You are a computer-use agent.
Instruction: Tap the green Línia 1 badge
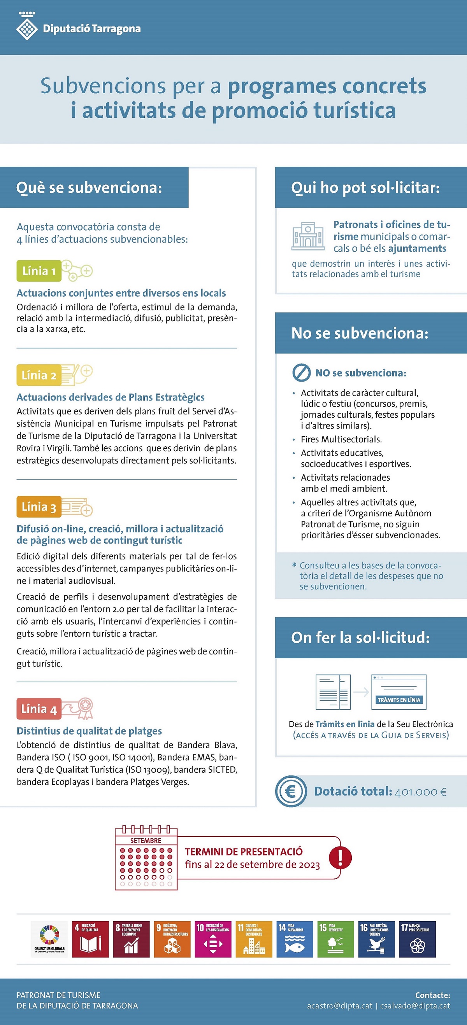(x=39, y=271)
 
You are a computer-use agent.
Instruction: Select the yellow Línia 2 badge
(x=39, y=375)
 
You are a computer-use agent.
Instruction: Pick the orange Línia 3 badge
(x=39, y=507)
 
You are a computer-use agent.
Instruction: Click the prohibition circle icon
(x=301, y=373)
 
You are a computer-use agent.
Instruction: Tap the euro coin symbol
(x=291, y=791)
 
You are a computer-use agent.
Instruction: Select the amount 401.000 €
(x=420, y=792)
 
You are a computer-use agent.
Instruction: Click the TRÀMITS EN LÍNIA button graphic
(x=399, y=700)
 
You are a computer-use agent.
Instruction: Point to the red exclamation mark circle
(x=340, y=857)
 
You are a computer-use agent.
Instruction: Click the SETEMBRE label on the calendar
(x=146, y=841)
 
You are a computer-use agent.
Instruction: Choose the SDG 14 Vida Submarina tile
(x=295, y=939)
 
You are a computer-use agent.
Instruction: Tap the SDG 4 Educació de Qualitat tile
(x=90, y=939)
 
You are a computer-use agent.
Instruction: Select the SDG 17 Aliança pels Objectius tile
(x=417, y=939)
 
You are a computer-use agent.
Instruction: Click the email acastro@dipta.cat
(x=340, y=1006)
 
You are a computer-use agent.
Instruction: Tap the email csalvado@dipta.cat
(x=415, y=1006)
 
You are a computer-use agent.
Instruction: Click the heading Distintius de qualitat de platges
(x=89, y=731)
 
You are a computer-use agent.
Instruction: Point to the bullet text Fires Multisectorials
(x=341, y=439)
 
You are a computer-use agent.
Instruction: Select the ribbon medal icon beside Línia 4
(x=84, y=708)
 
